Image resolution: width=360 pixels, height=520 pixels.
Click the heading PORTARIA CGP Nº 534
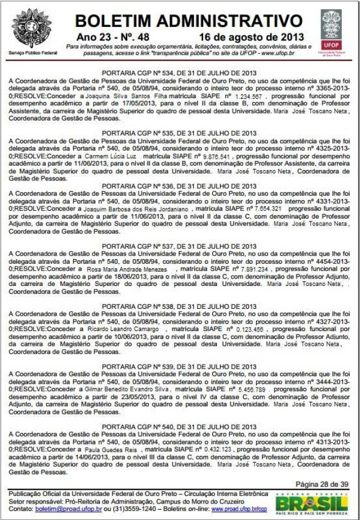click(179, 73)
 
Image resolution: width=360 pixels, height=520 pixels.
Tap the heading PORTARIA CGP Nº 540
click(179, 426)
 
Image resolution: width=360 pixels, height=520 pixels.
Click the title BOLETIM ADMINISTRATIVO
click(188, 21)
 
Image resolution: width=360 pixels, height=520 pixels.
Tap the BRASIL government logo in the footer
click(312, 503)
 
